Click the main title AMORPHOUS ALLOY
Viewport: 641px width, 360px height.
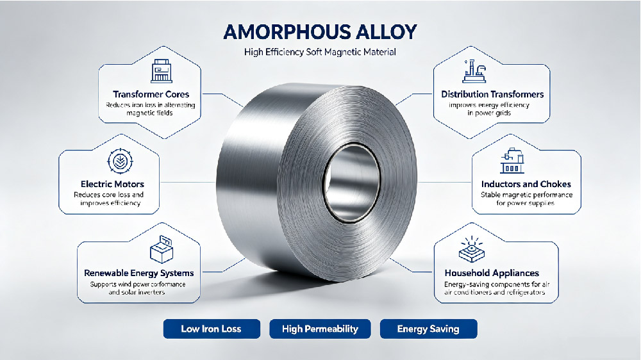tap(320, 32)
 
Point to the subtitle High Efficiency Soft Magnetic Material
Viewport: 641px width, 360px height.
tap(320, 52)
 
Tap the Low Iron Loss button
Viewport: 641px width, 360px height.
tap(212, 329)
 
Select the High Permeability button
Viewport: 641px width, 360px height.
tap(320, 329)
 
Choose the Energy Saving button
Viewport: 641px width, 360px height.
tap(428, 329)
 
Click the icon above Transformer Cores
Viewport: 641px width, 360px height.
tap(162, 70)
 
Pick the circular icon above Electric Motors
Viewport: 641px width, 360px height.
tap(121, 161)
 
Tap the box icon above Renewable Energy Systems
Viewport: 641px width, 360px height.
tap(162, 249)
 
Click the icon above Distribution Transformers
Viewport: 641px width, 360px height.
tap(474, 71)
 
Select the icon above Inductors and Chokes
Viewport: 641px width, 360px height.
tap(512, 161)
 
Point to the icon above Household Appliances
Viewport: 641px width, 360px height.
tap(472, 249)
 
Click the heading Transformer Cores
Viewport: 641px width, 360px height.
tap(151, 94)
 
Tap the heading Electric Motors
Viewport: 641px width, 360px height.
tap(112, 184)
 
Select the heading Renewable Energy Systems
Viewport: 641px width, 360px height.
tap(139, 273)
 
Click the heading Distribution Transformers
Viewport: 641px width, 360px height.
tap(492, 94)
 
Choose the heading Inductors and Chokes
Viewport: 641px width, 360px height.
tap(526, 184)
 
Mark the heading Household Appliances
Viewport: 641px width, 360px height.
tap(492, 273)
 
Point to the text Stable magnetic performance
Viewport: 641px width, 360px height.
tap(526, 195)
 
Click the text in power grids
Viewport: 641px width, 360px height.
tap(489, 113)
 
